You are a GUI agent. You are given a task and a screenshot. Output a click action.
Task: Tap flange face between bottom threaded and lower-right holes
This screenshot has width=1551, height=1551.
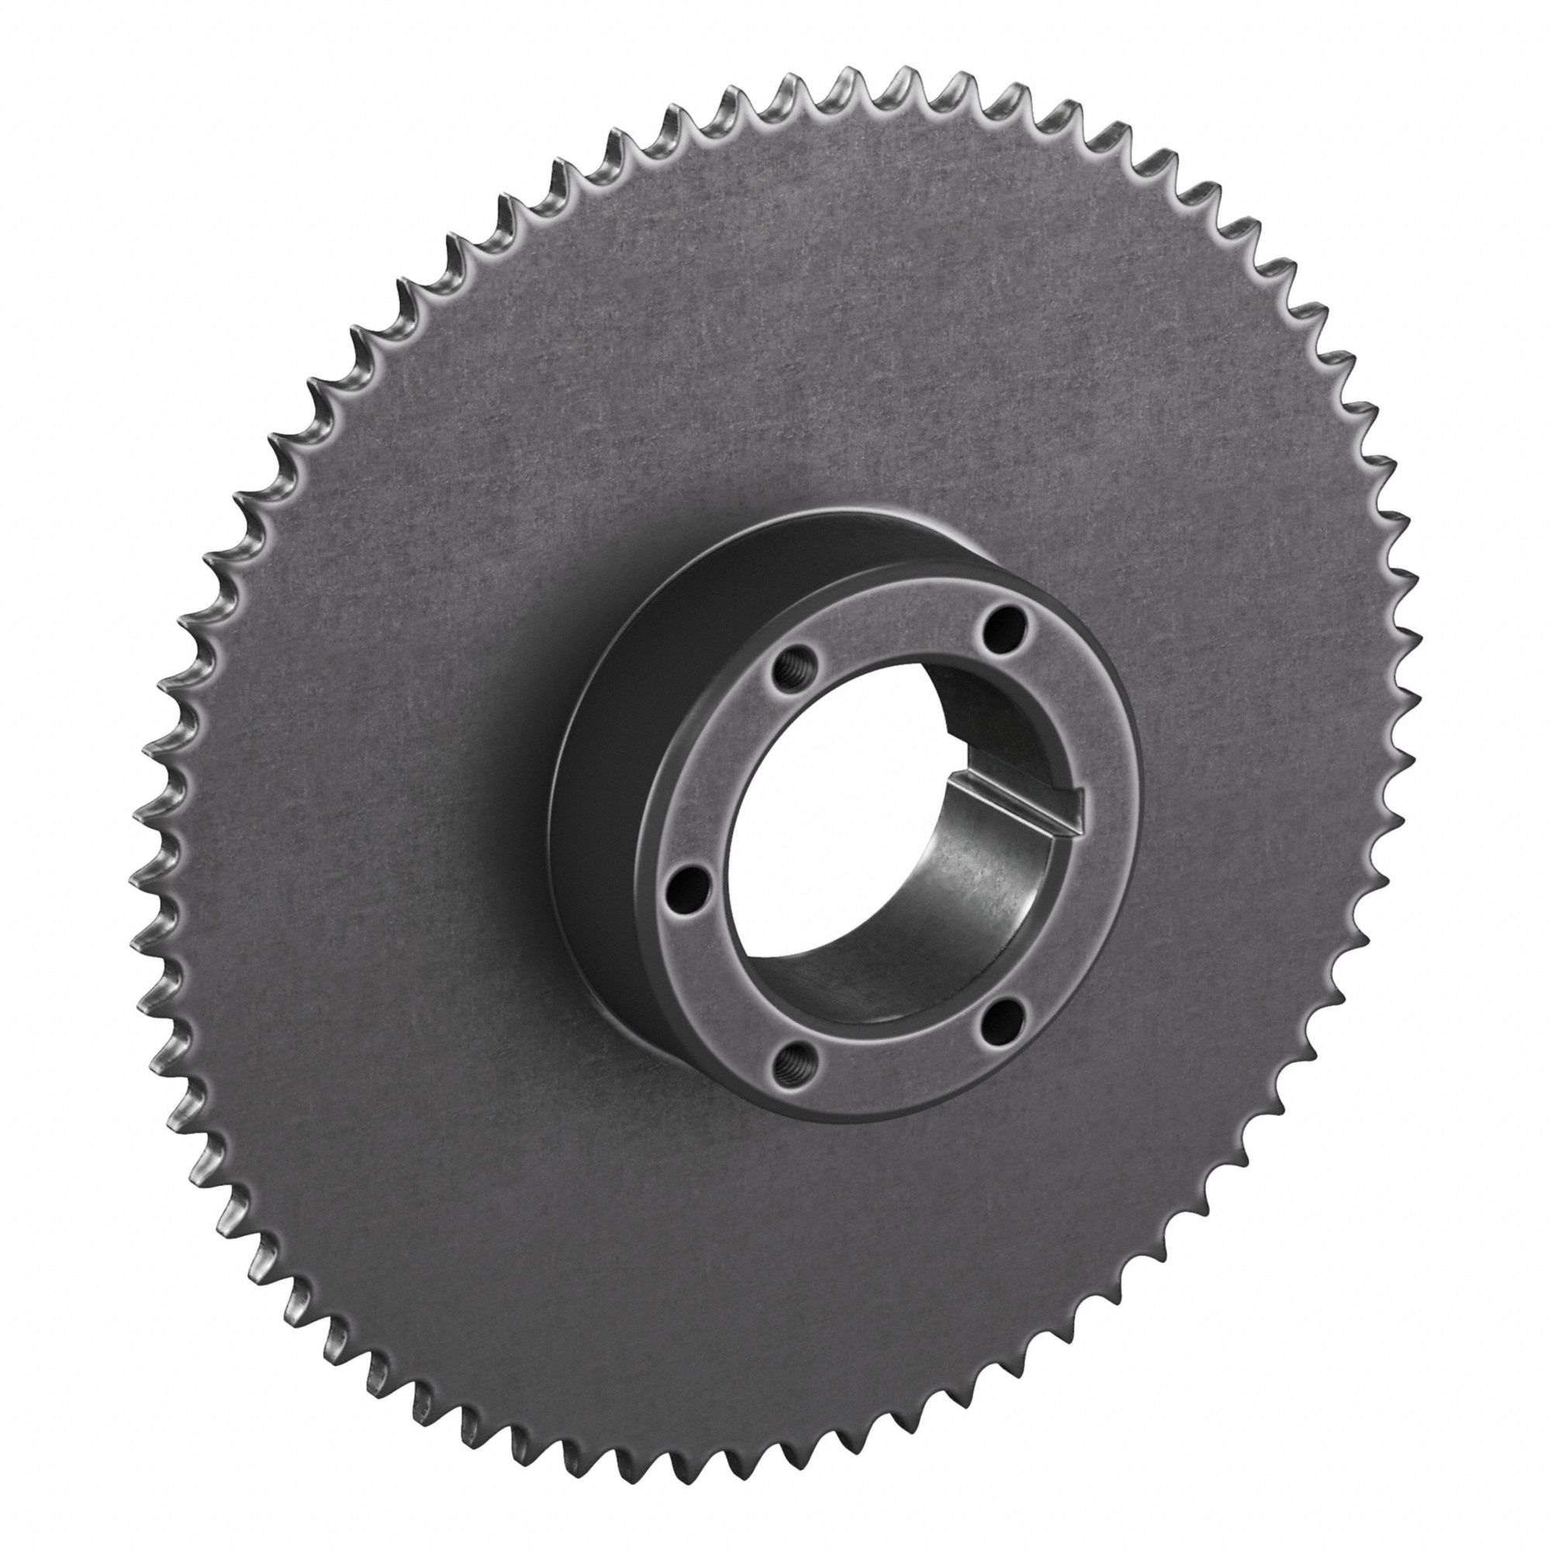click(899, 1072)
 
